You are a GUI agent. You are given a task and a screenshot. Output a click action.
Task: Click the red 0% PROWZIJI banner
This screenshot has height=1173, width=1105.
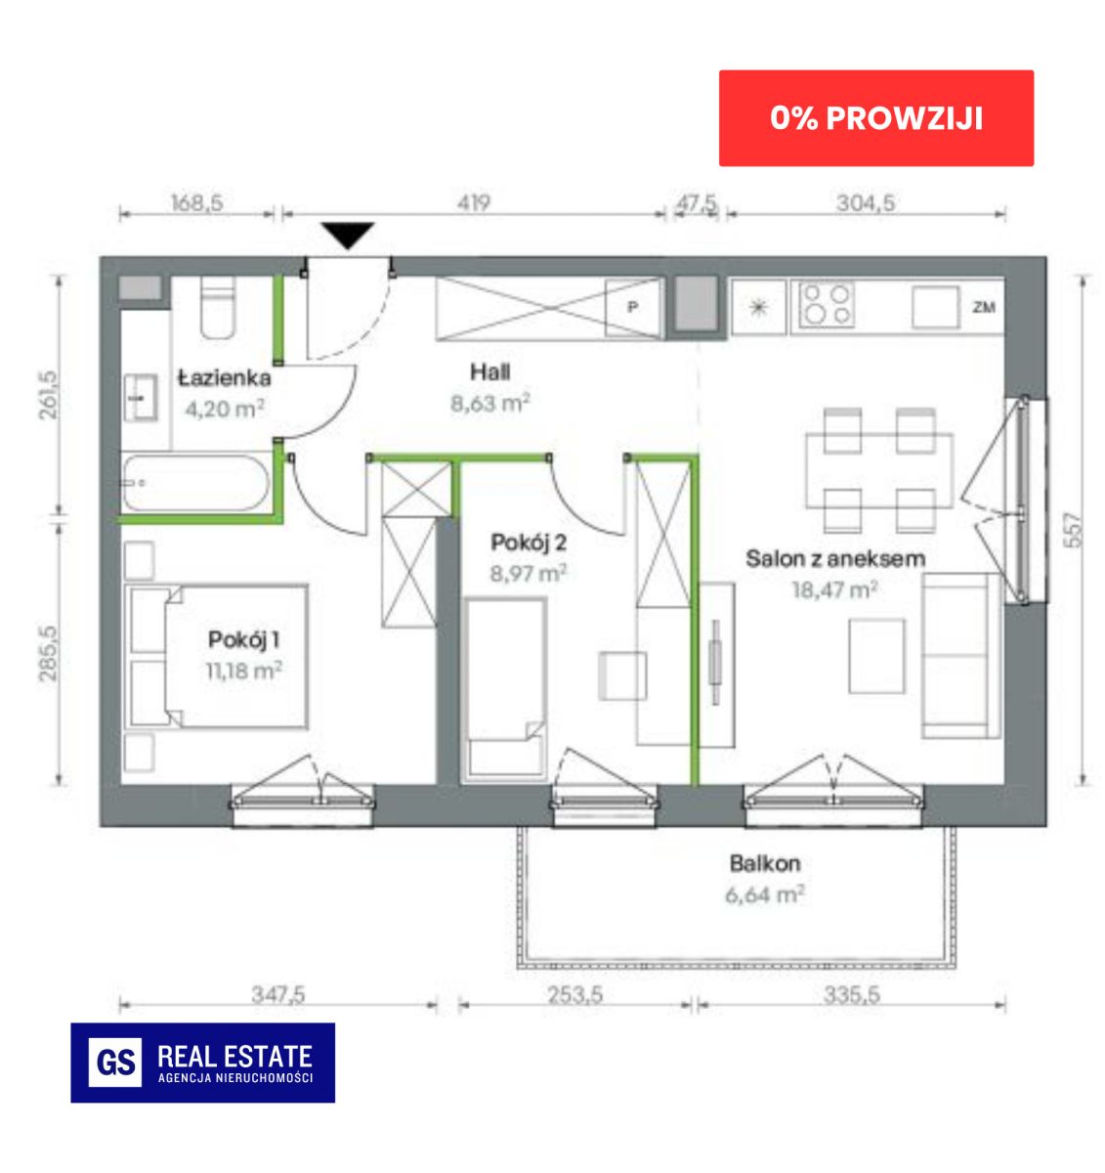[875, 118]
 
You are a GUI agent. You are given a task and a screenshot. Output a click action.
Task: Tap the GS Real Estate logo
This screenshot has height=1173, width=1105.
[202, 1063]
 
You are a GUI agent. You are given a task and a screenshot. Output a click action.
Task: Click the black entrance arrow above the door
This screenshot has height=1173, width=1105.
[348, 236]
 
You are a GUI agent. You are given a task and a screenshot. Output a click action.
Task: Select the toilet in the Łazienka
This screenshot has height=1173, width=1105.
[217, 307]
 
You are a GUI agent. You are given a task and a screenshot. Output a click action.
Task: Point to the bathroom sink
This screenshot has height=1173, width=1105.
[141, 398]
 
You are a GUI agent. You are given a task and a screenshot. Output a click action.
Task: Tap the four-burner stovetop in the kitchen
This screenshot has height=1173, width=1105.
[827, 305]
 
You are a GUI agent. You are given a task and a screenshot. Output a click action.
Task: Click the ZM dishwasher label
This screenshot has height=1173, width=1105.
[983, 307]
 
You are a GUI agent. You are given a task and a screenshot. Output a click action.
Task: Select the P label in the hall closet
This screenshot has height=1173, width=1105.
[632, 307]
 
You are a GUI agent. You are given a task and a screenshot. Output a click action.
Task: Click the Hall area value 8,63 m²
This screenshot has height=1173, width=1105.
[490, 404]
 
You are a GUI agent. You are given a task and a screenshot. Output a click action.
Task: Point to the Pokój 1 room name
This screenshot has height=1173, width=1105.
[243, 639]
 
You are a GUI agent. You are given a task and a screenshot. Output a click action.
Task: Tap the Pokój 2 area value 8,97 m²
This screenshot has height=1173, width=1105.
[529, 573]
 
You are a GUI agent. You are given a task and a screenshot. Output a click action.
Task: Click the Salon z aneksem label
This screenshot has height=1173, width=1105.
[835, 558]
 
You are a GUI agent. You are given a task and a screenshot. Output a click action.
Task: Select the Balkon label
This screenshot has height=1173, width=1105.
[765, 863]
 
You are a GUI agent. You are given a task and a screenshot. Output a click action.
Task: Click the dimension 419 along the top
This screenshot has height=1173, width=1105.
[474, 202]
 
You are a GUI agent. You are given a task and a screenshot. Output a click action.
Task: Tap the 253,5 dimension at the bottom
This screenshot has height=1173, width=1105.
[575, 995]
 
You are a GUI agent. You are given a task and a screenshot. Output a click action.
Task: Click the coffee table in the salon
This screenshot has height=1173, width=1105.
[876, 656]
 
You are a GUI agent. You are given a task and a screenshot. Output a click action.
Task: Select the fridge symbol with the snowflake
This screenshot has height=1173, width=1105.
[759, 307]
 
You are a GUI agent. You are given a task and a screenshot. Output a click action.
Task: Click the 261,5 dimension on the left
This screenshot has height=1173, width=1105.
[48, 395]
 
